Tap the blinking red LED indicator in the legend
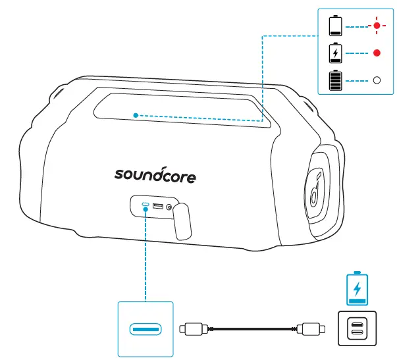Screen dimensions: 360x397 (377, 26)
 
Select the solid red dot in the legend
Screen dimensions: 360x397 (377, 53)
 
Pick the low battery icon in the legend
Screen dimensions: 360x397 (336, 26)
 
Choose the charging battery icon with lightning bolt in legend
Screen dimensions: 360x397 (336, 53)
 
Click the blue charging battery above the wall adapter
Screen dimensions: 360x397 (357, 288)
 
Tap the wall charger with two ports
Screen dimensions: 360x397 (357, 327)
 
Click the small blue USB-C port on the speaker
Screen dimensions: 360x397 (144, 207)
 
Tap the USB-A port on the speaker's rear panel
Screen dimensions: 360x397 (158, 207)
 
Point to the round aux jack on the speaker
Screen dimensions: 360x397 (171, 208)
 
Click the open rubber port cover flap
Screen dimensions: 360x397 (184, 221)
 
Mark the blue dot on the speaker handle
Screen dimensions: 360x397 (135, 115)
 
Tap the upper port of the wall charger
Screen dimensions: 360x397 (357, 322)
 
